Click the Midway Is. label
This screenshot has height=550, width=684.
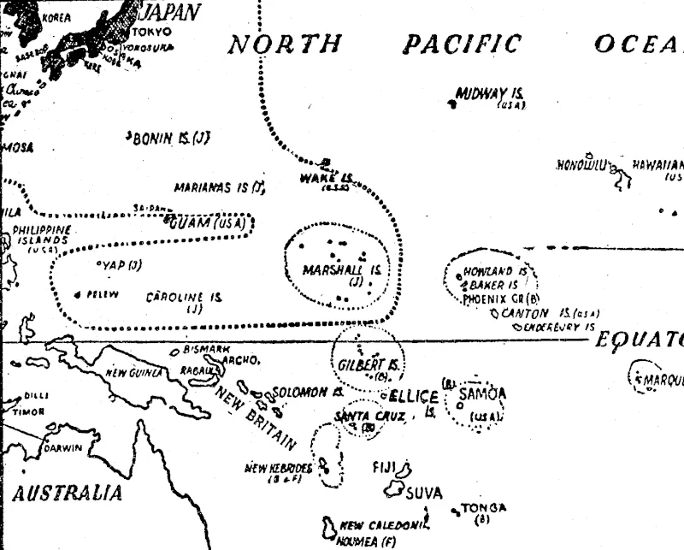491,93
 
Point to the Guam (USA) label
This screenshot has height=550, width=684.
208,224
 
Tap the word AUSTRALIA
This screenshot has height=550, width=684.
66,494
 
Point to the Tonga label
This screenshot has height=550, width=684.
484,507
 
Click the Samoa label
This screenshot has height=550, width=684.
483,393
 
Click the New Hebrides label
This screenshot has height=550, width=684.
278,468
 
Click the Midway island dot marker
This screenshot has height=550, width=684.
451,103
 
